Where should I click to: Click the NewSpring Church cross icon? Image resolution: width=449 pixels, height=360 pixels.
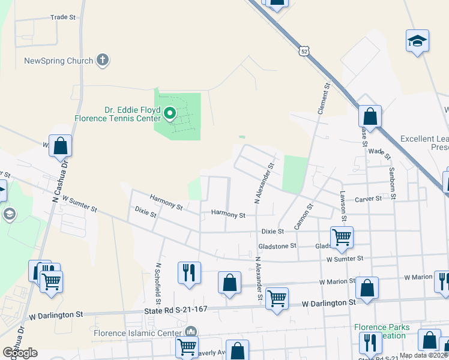tap(103, 60)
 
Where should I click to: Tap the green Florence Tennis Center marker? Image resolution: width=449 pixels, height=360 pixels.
tap(170, 112)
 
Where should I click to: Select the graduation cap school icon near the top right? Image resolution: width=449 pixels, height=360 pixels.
tap(417, 41)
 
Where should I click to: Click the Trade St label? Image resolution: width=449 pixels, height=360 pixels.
tap(64, 17)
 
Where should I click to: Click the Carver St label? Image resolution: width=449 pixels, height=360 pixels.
tap(368, 199)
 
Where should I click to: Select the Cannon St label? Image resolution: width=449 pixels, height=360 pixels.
tap(304, 217)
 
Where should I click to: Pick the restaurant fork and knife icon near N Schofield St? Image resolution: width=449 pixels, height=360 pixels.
tap(189, 272)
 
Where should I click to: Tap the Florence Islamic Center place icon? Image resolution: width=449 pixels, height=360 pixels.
tap(191, 331)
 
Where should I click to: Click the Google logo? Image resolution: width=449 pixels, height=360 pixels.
tap(19, 352)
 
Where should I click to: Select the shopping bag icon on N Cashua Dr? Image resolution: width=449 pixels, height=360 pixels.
tap(60, 145)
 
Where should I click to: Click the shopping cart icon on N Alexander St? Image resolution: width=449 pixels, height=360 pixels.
tap(277, 297)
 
